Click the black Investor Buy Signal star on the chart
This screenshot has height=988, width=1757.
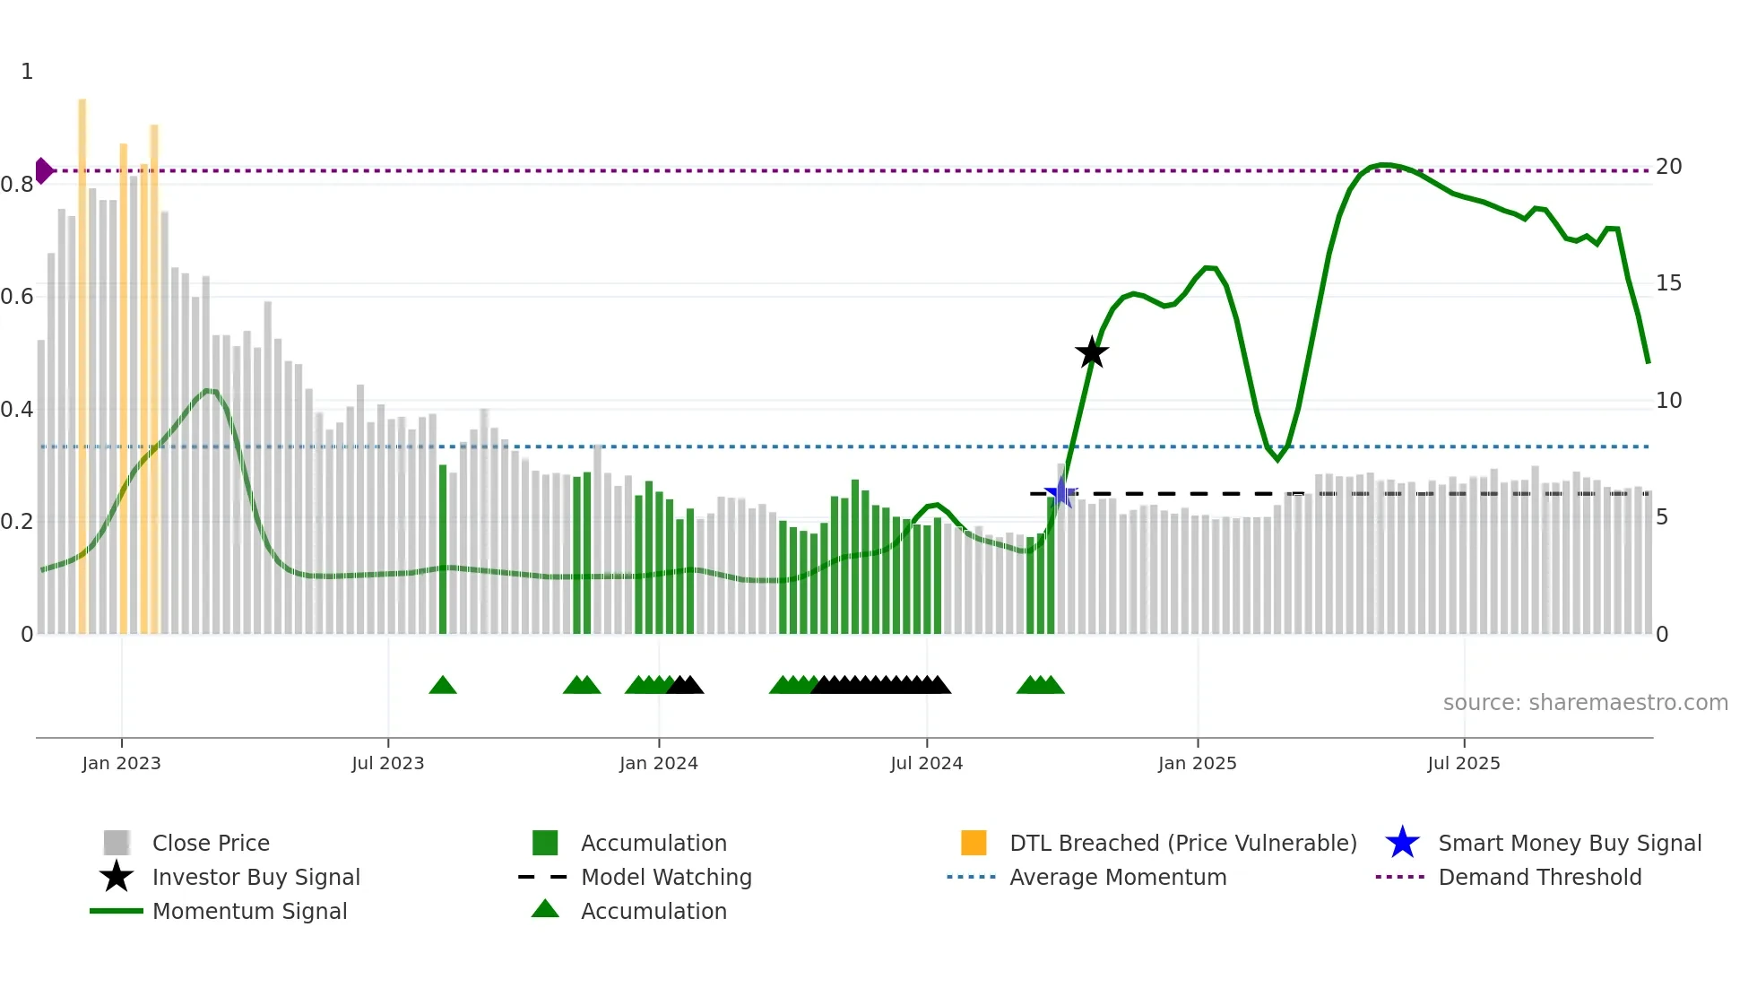tap(1091, 352)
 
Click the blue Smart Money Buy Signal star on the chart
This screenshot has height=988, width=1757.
tap(1060, 492)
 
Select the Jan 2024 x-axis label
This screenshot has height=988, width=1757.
tap(658, 763)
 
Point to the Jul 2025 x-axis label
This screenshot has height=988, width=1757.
tap(1463, 763)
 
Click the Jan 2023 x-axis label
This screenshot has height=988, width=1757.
tap(121, 763)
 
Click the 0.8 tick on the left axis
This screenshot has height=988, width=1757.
tap(17, 185)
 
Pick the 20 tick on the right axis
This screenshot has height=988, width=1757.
tap(1668, 167)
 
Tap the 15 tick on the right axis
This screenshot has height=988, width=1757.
tap(1668, 283)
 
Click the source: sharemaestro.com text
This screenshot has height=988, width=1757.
tap(1585, 703)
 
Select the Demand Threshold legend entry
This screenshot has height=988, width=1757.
tap(1539, 877)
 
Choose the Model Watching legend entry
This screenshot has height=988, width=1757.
tap(666, 877)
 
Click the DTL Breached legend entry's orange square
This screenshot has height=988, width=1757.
tap(974, 843)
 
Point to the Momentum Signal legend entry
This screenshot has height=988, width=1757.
tap(249, 911)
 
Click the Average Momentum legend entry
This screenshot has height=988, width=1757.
tap(1117, 877)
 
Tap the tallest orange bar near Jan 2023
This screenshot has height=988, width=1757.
tap(82, 359)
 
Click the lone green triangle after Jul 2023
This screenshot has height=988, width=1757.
tap(443, 686)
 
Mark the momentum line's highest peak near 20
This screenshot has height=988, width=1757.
tap(1385, 165)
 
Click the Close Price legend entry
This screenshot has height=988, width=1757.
tap(211, 843)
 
